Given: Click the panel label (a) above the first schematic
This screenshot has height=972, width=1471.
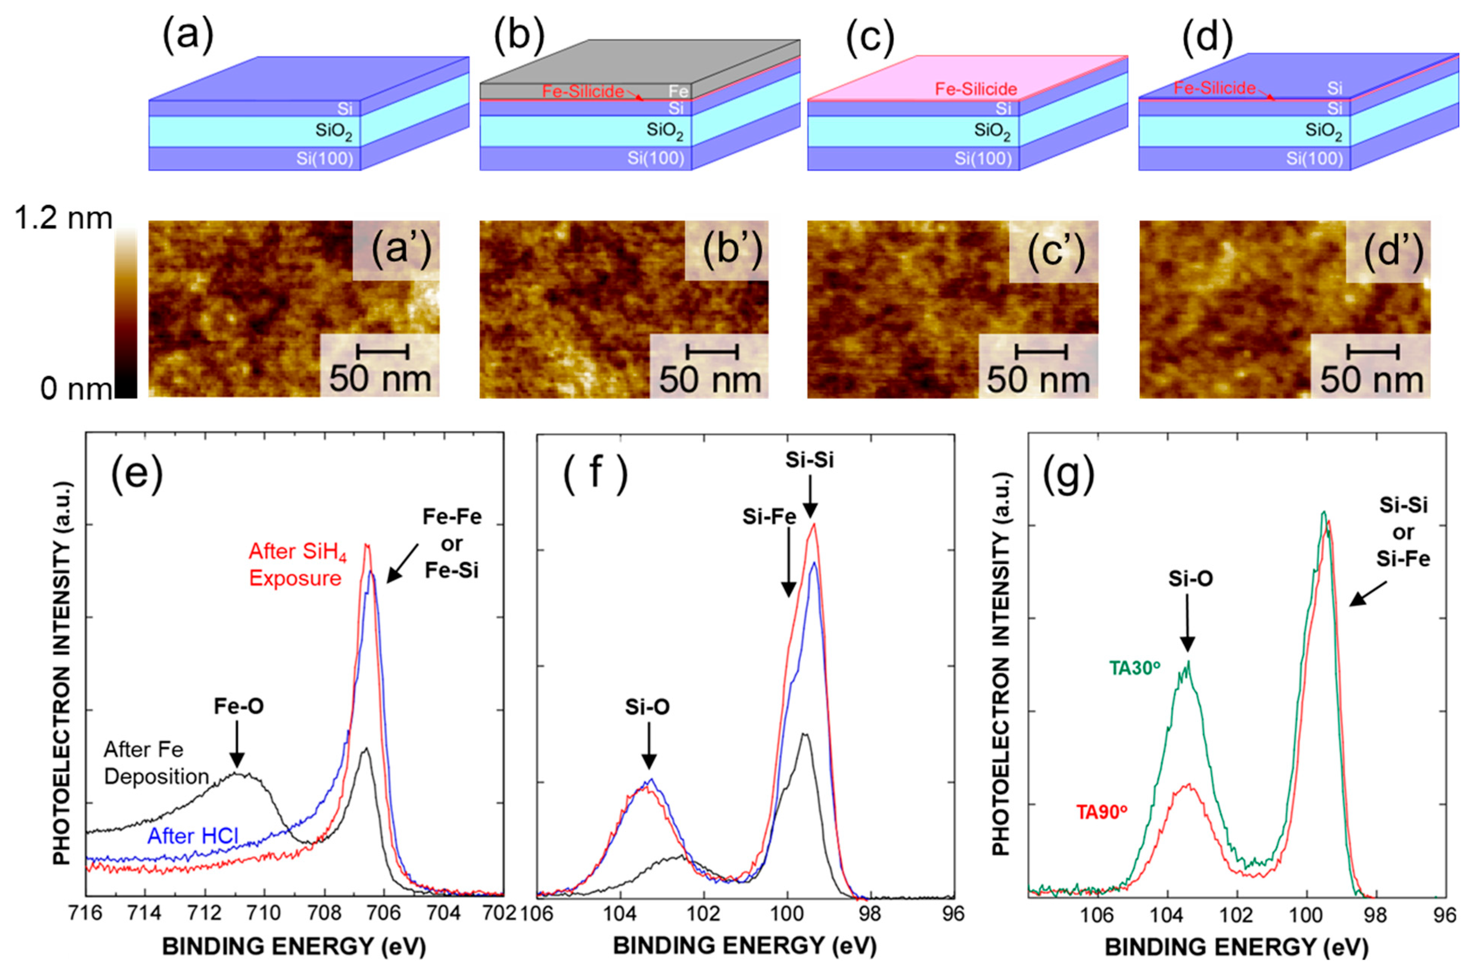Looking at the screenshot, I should [x=187, y=35].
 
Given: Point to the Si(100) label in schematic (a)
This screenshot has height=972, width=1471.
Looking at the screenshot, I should [x=324, y=159].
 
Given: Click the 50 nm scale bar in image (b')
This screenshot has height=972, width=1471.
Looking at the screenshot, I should [x=711, y=352].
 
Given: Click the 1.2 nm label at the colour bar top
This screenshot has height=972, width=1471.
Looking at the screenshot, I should [x=64, y=219].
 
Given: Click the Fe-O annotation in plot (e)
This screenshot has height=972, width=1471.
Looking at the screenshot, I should [x=239, y=706].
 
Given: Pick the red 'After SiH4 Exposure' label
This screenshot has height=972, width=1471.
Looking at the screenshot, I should [x=297, y=565].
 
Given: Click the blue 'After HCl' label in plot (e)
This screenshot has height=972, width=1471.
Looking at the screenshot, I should [x=193, y=836].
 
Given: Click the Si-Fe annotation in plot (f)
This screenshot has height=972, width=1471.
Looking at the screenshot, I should [x=768, y=517].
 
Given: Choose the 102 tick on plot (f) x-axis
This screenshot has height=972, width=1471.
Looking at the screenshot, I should [x=703, y=914].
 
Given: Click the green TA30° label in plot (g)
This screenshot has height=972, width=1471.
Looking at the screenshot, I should [x=1134, y=668].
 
